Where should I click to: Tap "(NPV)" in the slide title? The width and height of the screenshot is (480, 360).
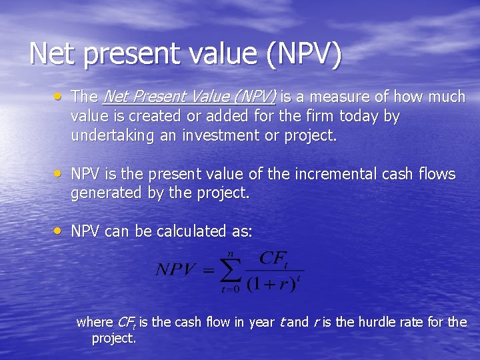(x=303, y=53)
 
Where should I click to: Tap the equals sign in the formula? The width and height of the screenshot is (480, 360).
(x=207, y=270)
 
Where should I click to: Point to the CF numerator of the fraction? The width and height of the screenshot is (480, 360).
(x=273, y=258)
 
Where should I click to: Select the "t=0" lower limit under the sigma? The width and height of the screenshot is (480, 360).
(x=230, y=289)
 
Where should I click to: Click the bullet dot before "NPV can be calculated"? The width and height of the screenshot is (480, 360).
(x=59, y=231)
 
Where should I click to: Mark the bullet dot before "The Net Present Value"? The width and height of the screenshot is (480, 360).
(x=59, y=96)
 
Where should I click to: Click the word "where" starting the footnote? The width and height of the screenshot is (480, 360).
(x=95, y=322)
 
